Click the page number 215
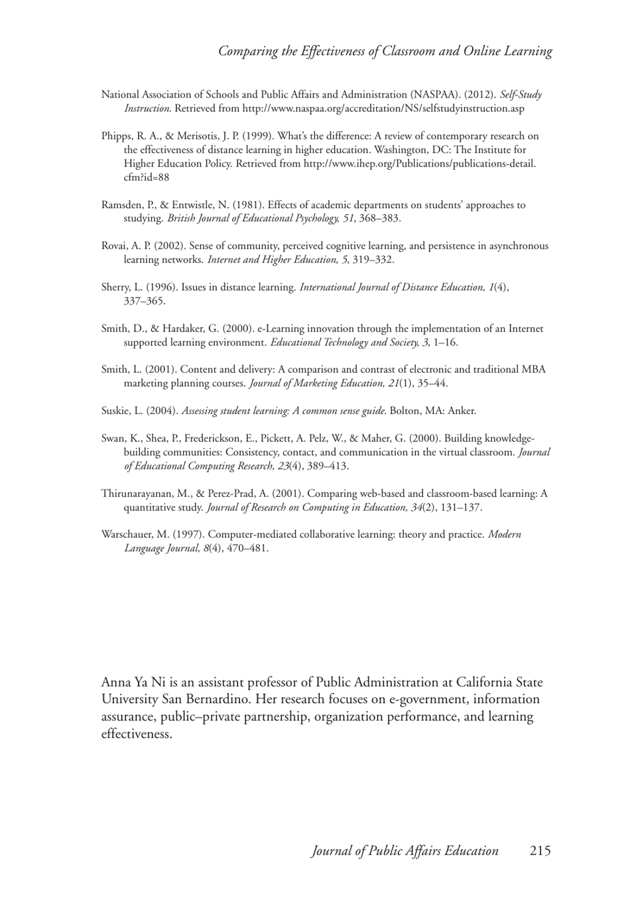pyautogui.click(x=540, y=851)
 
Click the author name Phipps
pyautogui.click(x=117, y=136)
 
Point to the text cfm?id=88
pyautogui.click(x=146, y=177)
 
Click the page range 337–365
pyautogui.click(x=145, y=301)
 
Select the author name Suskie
pyautogui.click(x=115, y=411)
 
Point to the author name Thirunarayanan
pyautogui.click(x=139, y=493)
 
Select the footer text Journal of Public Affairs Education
pyautogui.click(x=405, y=851)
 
